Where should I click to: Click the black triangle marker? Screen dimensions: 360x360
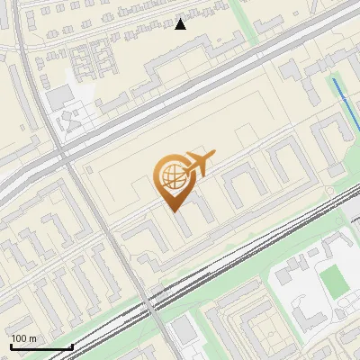tap(181, 24)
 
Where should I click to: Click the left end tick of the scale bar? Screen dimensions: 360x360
tap(10, 346)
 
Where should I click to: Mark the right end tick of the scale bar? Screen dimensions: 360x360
tap(72, 346)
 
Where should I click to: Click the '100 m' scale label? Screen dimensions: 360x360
tap(23, 337)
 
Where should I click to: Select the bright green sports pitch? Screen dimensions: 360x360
tap(335, 279)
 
